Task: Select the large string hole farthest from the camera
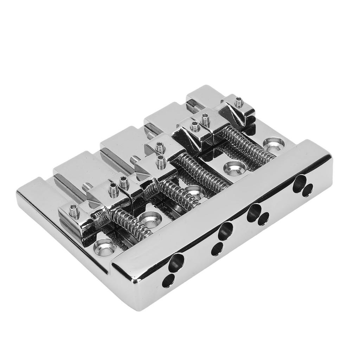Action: pyautogui.click(x=299, y=182)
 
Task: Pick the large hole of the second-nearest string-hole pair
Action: pyautogui.click(x=225, y=231)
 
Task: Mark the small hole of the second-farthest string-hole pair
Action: pyautogui.click(x=263, y=219)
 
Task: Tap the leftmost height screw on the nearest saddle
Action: pyautogui.click(x=75, y=212)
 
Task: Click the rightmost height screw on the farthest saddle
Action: pyautogui.click(x=239, y=102)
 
